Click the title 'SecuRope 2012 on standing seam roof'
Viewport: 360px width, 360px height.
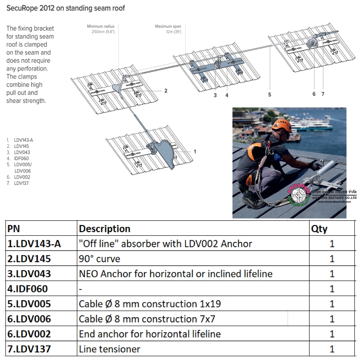pyautogui.click(x=66, y=8)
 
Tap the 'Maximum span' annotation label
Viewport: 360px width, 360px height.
pyautogui.click(x=168, y=26)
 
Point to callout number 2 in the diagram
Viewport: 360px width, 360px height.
pyautogui.click(x=166, y=91)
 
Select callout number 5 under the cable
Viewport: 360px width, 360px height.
pyautogui.click(x=270, y=95)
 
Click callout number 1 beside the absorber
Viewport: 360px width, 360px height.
pyautogui.click(x=195, y=152)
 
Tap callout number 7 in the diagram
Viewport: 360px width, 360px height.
pyautogui.click(x=323, y=94)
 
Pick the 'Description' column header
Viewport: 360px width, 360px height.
pyautogui.click(x=104, y=229)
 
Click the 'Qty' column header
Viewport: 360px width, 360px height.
pyautogui.click(x=319, y=229)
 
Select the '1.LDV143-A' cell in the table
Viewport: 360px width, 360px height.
pyautogui.click(x=34, y=244)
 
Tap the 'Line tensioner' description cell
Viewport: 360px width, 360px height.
pyautogui.click(x=109, y=349)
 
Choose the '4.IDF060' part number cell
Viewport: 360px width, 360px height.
pyautogui.click(x=27, y=289)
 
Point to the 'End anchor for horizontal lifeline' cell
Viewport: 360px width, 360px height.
pyautogui.click(x=150, y=334)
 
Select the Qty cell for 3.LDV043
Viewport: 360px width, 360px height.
pyautogui.click(x=332, y=274)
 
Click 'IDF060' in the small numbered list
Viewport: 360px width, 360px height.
pyautogui.click(x=21, y=158)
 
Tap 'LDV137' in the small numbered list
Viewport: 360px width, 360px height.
pyautogui.click(x=21, y=183)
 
